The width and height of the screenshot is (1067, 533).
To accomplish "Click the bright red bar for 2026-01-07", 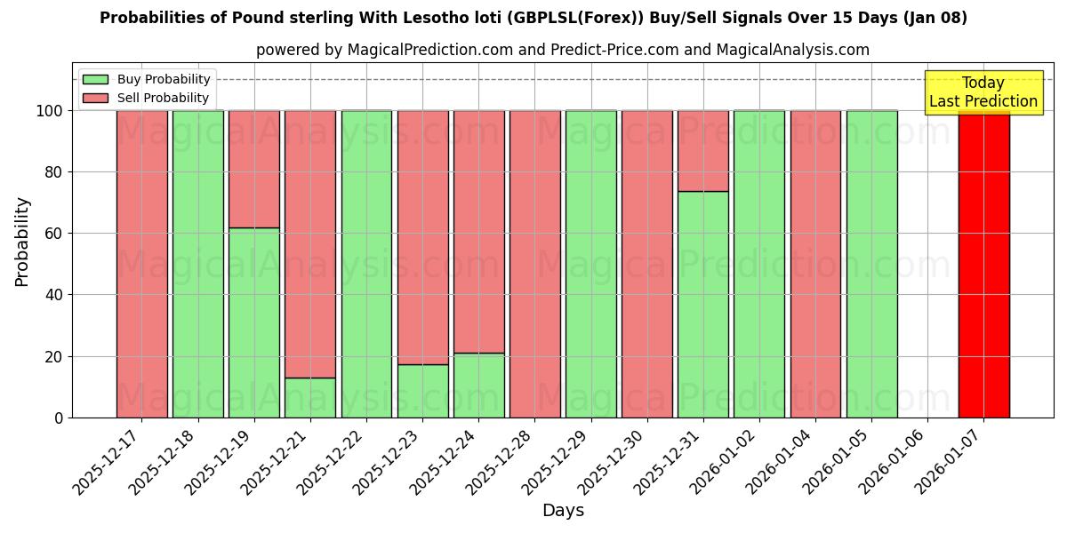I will [983, 266].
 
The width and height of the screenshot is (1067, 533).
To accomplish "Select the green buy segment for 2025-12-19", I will [253, 324].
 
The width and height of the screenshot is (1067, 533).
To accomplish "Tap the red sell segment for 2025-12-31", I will [702, 151].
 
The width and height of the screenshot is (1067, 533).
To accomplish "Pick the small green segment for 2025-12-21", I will [309, 398].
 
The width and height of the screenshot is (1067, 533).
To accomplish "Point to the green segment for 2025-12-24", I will [478, 386].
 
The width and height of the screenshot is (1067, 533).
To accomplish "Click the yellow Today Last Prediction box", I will [983, 92].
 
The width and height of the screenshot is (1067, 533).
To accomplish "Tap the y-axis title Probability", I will [22, 242].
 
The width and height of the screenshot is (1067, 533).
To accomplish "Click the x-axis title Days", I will [563, 511].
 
